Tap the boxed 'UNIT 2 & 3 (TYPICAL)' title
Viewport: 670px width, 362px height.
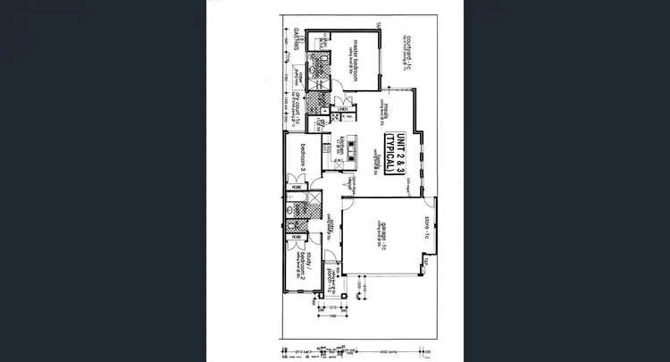point(395,151)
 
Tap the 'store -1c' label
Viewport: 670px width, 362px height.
point(428,228)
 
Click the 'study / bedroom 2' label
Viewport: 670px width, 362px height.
point(304,265)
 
